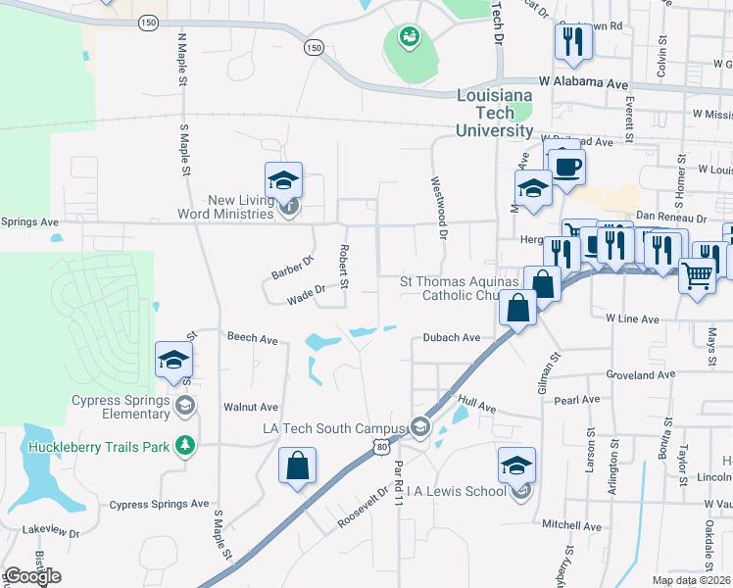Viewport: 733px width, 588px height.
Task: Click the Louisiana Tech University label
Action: (496, 112)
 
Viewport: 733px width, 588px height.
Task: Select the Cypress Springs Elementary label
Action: (121, 407)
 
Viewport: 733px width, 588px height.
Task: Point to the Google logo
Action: (31, 576)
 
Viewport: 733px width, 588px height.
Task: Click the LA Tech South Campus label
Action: (333, 428)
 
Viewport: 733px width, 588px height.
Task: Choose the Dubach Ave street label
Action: (452, 337)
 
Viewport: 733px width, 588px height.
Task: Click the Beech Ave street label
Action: (253, 338)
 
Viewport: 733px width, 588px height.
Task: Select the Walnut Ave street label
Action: (251, 407)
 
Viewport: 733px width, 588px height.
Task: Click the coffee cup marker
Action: (565, 165)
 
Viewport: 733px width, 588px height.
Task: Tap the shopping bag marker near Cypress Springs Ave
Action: (297, 466)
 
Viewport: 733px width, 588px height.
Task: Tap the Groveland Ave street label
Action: (642, 374)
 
